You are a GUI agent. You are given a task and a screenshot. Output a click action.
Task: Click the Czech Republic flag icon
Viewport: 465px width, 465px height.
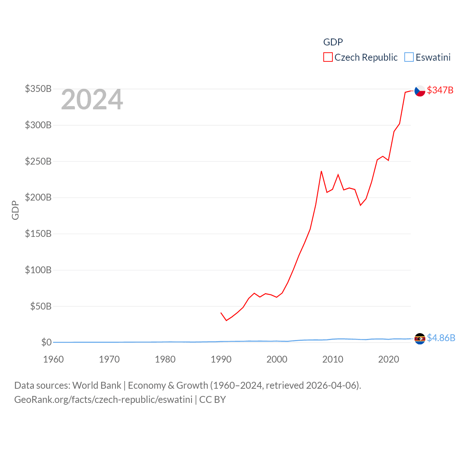pyautogui.click(x=420, y=90)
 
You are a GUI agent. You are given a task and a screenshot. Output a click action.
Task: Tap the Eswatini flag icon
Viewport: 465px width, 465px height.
pyautogui.click(x=420, y=339)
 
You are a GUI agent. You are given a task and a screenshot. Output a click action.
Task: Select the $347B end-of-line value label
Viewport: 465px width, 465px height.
pyautogui.click(x=440, y=90)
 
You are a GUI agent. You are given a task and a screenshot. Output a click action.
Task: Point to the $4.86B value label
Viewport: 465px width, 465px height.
pyautogui.click(x=441, y=338)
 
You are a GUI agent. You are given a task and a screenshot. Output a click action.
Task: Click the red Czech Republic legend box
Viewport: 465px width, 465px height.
pyautogui.click(x=328, y=57)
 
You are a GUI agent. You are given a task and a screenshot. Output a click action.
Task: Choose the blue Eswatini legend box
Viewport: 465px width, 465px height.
pyautogui.click(x=409, y=57)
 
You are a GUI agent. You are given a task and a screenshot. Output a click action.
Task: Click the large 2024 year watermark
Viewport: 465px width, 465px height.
pyautogui.click(x=92, y=100)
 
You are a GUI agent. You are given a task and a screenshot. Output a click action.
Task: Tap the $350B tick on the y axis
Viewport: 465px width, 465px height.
pyautogui.click(x=38, y=89)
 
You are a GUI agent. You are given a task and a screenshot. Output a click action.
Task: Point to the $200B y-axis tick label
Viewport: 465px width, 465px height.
pyautogui.click(x=38, y=197)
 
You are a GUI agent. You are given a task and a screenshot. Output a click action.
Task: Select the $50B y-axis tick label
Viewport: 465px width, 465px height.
pyautogui.click(x=41, y=306)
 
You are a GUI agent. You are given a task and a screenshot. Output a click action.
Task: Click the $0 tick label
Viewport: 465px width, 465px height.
pyautogui.click(x=46, y=342)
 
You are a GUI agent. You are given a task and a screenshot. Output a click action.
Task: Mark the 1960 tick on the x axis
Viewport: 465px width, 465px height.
pyautogui.click(x=53, y=359)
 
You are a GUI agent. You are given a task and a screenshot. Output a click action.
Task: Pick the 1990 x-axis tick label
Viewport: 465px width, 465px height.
pyautogui.click(x=221, y=359)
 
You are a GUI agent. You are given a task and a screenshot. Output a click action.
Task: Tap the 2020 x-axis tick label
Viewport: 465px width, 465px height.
pyautogui.click(x=388, y=359)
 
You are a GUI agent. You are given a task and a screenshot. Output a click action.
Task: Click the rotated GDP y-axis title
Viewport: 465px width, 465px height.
pyautogui.click(x=15, y=210)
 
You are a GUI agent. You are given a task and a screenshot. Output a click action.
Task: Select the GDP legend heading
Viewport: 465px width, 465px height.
pyautogui.click(x=333, y=42)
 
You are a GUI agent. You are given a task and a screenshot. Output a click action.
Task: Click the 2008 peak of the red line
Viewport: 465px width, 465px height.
pyautogui.click(x=321, y=171)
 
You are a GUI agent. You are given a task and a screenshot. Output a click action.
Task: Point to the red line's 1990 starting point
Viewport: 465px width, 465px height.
pyautogui.click(x=221, y=313)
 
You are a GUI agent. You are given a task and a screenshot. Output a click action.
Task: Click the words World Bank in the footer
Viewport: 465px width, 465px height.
pyautogui.click(x=97, y=385)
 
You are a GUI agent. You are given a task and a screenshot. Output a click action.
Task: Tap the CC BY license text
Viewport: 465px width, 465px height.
pyautogui.click(x=213, y=400)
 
